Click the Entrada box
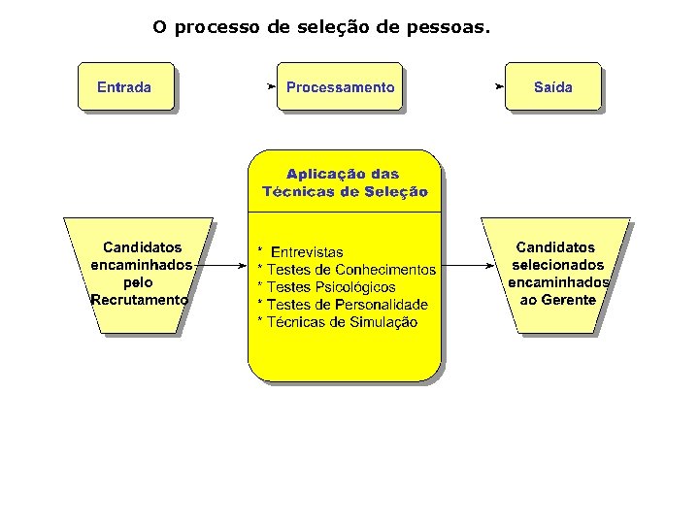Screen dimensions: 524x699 [x=125, y=87]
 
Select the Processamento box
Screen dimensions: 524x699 [x=340, y=87]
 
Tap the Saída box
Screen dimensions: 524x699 [x=553, y=87]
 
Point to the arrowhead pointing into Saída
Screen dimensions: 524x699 [x=500, y=86]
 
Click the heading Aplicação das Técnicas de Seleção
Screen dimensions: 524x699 [x=345, y=183]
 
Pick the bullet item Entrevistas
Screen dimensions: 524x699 [x=306, y=252]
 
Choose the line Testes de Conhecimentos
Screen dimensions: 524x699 [x=350, y=270]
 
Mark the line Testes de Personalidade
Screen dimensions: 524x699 [x=347, y=305]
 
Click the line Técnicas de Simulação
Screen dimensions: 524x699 [x=342, y=322]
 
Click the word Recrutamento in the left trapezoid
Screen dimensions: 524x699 [x=140, y=301]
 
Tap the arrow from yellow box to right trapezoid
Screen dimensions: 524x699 [x=464, y=265]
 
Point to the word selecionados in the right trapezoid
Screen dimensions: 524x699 [x=557, y=265]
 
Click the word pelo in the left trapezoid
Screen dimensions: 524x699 [x=139, y=282]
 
